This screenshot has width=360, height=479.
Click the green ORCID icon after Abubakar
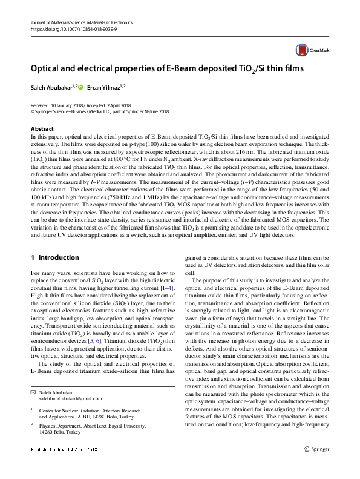(80, 87)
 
